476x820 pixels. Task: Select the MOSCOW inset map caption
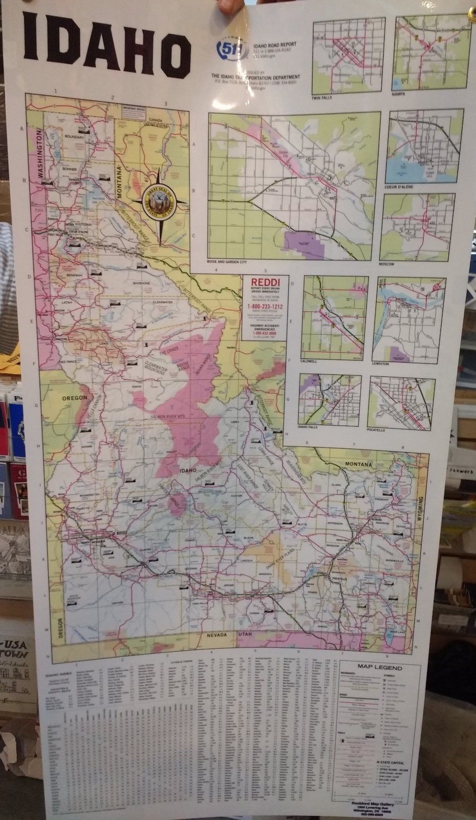(387, 263)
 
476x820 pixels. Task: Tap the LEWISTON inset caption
(381, 363)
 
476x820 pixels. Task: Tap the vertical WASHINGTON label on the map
(38, 153)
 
